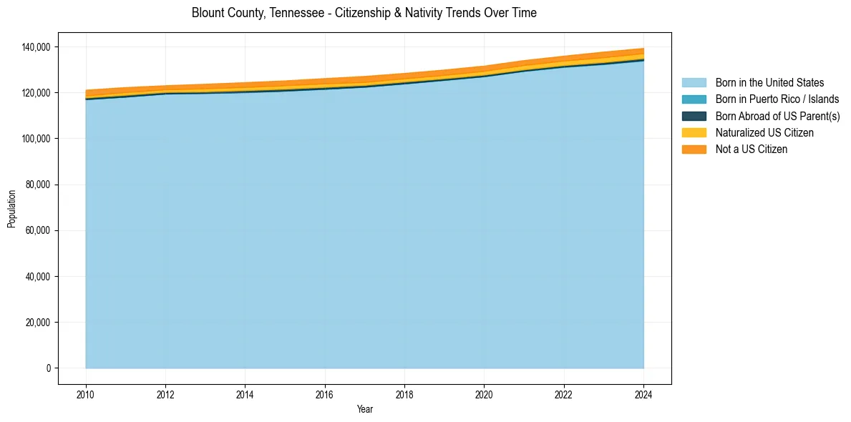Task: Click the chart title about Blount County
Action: point(364,13)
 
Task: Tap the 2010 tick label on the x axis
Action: point(86,395)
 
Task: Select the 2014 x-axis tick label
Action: point(245,395)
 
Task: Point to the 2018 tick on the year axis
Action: point(404,395)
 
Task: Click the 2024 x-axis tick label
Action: point(643,395)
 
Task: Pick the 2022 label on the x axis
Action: point(564,395)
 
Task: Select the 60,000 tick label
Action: point(37,230)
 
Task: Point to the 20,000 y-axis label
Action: point(37,322)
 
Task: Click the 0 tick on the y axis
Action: point(49,368)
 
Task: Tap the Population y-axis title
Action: point(11,209)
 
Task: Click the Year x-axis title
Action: point(364,410)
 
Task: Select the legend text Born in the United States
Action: point(769,83)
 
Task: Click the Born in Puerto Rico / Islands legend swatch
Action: point(694,99)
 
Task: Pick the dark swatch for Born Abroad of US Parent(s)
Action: point(694,116)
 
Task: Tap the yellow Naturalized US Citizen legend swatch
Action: point(694,133)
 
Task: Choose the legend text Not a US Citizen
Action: point(751,149)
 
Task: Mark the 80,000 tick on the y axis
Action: point(37,185)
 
